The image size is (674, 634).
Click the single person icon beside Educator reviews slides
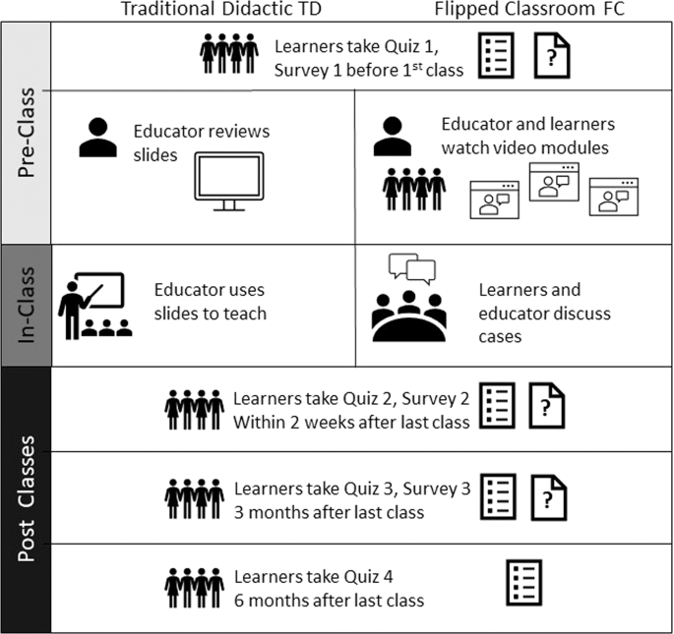click(x=98, y=140)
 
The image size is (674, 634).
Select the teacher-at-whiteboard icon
click(x=94, y=306)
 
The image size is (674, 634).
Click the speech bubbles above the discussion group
click(x=410, y=268)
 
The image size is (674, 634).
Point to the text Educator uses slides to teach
click(x=210, y=302)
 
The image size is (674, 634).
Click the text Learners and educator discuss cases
click(x=544, y=314)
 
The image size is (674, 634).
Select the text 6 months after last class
click(x=329, y=601)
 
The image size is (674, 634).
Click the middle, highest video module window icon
click(x=554, y=181)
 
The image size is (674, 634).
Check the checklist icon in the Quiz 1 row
click(x=498, y=56)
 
